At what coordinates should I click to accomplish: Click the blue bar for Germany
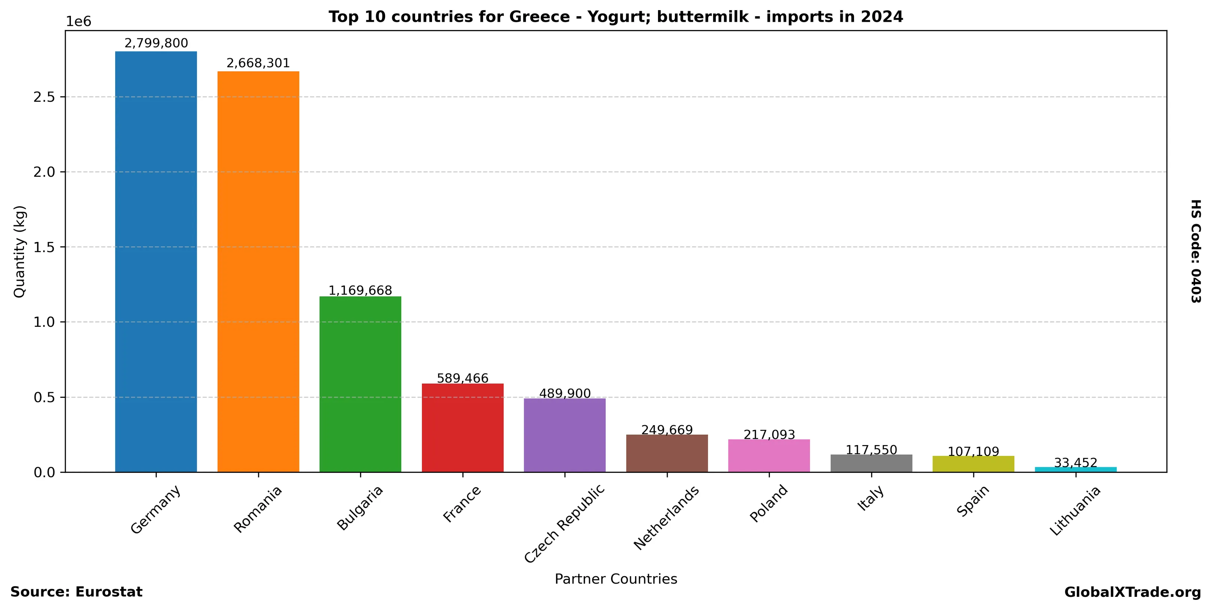[156, 262]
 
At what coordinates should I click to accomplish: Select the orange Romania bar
[258, 272]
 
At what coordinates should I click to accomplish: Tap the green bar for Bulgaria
[360, 384]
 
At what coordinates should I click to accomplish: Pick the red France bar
[462, 428]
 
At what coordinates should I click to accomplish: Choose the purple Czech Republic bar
[565, 435]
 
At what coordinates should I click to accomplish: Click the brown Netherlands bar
[667, 453]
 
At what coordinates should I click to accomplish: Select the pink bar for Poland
[769, 456]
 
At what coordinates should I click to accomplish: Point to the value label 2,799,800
[156, 43]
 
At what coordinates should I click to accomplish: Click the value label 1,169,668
[360, 290]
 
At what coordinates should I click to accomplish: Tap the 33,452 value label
[1075, 463]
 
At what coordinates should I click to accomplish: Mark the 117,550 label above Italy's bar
[871, 450]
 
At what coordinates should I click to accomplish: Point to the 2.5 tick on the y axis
[44, 97]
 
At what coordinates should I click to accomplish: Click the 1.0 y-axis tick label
[44, 322]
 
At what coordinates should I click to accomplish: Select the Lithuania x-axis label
[1075, 511]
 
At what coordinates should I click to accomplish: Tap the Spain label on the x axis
[973, 501]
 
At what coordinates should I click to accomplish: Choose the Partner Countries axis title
[616, 579]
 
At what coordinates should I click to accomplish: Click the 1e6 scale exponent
[78, 22]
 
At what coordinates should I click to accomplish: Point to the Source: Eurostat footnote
[76, 592]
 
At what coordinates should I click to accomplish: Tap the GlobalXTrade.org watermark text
[1132, 592]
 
